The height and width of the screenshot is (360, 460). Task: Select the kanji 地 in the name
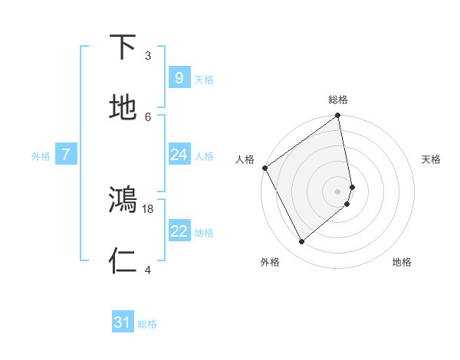[123, 107]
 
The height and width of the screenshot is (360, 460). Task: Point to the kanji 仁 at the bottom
[123, 261]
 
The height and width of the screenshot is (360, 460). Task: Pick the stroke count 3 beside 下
[148, 55]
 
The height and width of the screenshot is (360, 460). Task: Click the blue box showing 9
[179, 77]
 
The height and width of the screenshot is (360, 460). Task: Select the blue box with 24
[179, 155]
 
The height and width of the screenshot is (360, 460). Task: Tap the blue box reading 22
[179, 231]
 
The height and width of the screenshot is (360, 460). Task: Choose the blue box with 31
[123, 322]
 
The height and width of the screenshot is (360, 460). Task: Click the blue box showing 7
[66, 155]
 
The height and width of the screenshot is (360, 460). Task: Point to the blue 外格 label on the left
[41, 155]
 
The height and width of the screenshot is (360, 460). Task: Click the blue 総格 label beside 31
[147, 324]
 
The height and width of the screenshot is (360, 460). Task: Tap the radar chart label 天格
[432, 159]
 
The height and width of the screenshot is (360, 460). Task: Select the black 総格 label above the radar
[338, 100]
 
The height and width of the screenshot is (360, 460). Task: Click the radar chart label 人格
[245, 159]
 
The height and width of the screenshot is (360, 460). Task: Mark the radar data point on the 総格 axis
[338, 116]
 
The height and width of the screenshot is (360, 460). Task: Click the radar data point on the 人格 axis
[264, 168]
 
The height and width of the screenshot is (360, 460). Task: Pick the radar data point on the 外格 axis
[301, 242]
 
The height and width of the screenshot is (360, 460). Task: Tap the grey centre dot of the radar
[338, 191]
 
